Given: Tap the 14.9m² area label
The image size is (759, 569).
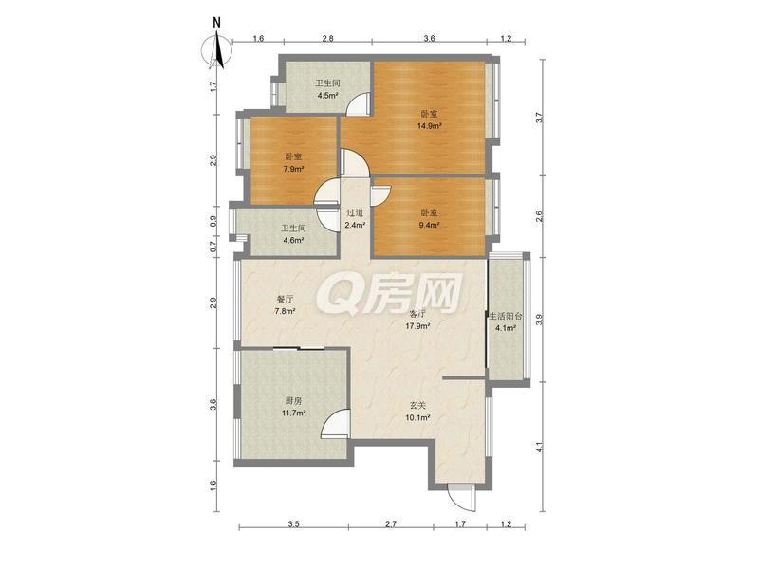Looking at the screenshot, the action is [x=430, y=126].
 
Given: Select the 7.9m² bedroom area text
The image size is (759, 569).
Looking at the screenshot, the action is [x=293, y=169].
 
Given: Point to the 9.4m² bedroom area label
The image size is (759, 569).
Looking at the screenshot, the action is [x=429, y=225].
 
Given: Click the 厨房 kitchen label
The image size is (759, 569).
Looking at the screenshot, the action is [x=293, y=400].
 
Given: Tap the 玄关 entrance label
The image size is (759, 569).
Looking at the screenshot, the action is [x=418, y=406].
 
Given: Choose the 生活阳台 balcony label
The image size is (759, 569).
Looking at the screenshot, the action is [x=506, y=317].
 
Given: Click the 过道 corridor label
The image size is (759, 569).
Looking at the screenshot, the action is [x=355, y=212].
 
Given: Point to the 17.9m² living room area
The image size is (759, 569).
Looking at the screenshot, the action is [x=418, y=325].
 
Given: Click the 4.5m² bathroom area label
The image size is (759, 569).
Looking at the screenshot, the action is [x=327, y=96].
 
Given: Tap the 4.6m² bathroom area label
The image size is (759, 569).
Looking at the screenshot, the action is [x=293, y=240].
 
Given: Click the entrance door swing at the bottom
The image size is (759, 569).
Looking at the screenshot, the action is [x=459, y=496].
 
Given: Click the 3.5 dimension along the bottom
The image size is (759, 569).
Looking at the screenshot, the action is [x=293, y=523].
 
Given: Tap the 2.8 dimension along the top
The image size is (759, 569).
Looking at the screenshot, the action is [x=327, y=38].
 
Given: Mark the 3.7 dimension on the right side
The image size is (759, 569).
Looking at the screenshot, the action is [x=539, y=118].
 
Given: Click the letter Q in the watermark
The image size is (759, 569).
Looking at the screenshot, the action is [x=334, y=295].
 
